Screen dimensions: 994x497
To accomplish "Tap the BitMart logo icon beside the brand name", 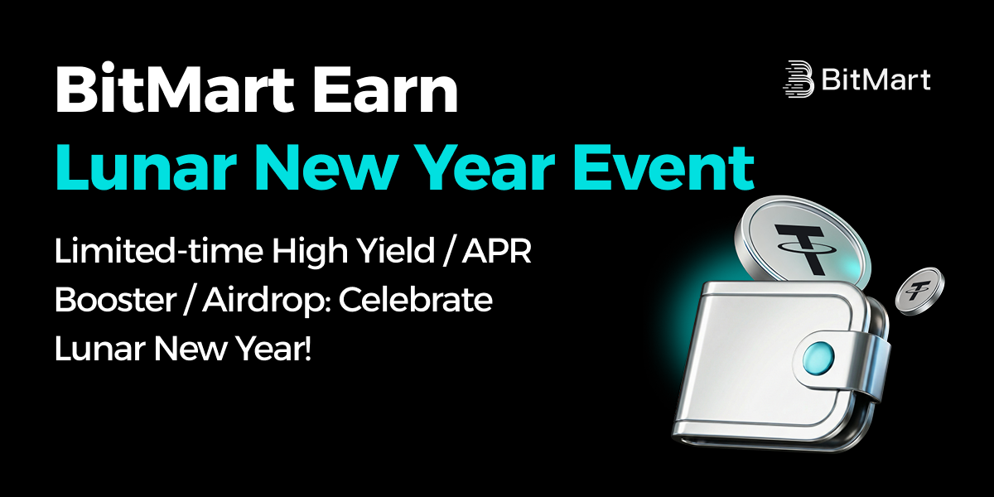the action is click(799, 79).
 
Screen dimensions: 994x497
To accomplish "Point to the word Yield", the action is click(396, 251).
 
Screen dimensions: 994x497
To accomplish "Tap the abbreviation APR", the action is click(496, 251).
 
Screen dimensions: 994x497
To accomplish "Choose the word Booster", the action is click(116, 300).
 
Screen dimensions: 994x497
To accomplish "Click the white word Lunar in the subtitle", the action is click(100, 349).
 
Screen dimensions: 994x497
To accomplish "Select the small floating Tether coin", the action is click(919, 291).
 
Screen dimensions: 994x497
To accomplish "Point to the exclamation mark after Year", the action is click(307, 349).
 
